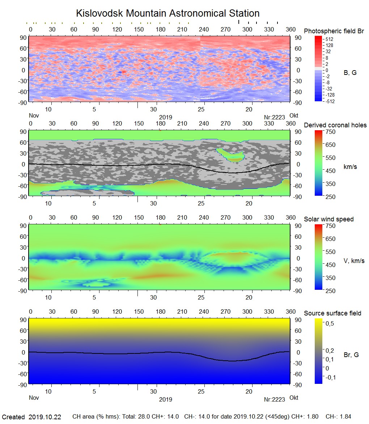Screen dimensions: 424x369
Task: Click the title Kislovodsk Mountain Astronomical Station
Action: [x=167, y=13]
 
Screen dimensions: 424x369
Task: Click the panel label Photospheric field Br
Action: [x=334, y=31]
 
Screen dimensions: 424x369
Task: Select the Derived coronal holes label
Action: [x=335, y=125]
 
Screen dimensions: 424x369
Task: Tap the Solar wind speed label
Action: [x=328, y=219]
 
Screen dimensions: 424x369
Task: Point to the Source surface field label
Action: [x=332, y=313]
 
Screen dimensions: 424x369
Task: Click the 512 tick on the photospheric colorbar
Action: [x=329, y=39]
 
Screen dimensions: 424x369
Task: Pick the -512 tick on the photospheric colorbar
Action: [x=330, y=101]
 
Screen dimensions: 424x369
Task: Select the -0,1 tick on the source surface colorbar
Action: [x=331, y=377]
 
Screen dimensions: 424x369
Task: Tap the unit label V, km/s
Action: [x=353, y=261]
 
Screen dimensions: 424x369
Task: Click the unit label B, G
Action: [x=350, y=73]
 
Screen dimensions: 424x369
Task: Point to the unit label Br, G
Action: [x=351, y=355]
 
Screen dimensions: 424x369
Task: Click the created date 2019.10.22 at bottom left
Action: [x=45, y=417]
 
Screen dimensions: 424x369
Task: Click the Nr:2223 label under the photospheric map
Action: [x=275, y=117]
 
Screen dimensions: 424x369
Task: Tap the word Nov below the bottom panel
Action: [x=34, y=398]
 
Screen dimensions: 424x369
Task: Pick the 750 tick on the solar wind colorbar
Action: [x=331, y=226]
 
